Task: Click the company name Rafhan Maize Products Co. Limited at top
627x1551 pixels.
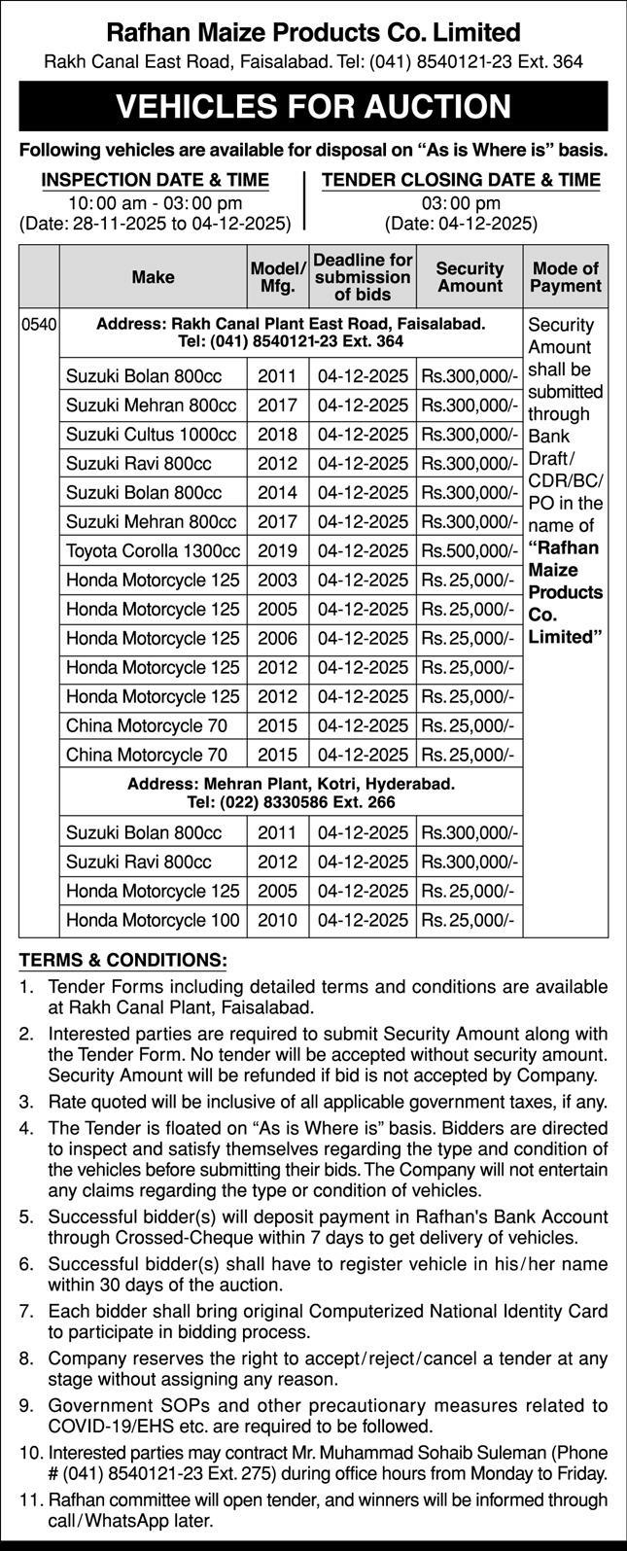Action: point(313,33)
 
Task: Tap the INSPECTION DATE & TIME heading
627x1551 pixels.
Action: point(156,180)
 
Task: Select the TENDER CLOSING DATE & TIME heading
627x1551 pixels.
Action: point(461,180)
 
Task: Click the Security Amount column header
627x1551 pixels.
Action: point(470,277)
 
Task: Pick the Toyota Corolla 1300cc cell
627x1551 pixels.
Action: point(153,551)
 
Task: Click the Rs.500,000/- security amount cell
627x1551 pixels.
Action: point(470,551)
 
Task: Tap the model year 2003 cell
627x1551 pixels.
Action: point(278,581)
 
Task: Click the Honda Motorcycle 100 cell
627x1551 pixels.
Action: point(153,919)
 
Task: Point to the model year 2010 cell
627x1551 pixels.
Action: point(278,919)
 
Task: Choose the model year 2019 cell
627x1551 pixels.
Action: point(278,551)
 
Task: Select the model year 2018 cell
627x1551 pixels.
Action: point(278,435)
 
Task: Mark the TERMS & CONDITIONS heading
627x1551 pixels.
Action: point(122,960)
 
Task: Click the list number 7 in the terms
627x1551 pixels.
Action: point(26,1310)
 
